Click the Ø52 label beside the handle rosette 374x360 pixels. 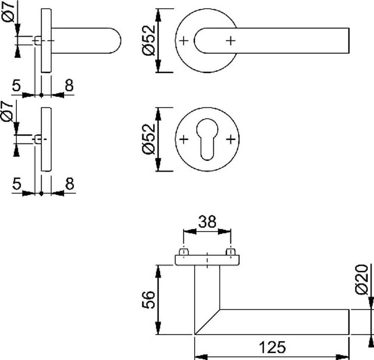(148, 40)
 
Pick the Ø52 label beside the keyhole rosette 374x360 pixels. (148, 139)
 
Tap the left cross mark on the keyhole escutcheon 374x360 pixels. (183, 140)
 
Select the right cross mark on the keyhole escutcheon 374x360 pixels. (231, 140)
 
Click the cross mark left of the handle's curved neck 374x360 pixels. (183, 40)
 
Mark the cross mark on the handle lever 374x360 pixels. (231, 40)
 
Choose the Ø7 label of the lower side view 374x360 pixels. (9, 114)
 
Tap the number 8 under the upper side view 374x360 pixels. (69, 86)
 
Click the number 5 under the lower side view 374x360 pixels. (16, 184)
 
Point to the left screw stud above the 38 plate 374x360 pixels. (184, 252)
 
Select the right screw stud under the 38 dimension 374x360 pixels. (231, 252)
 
